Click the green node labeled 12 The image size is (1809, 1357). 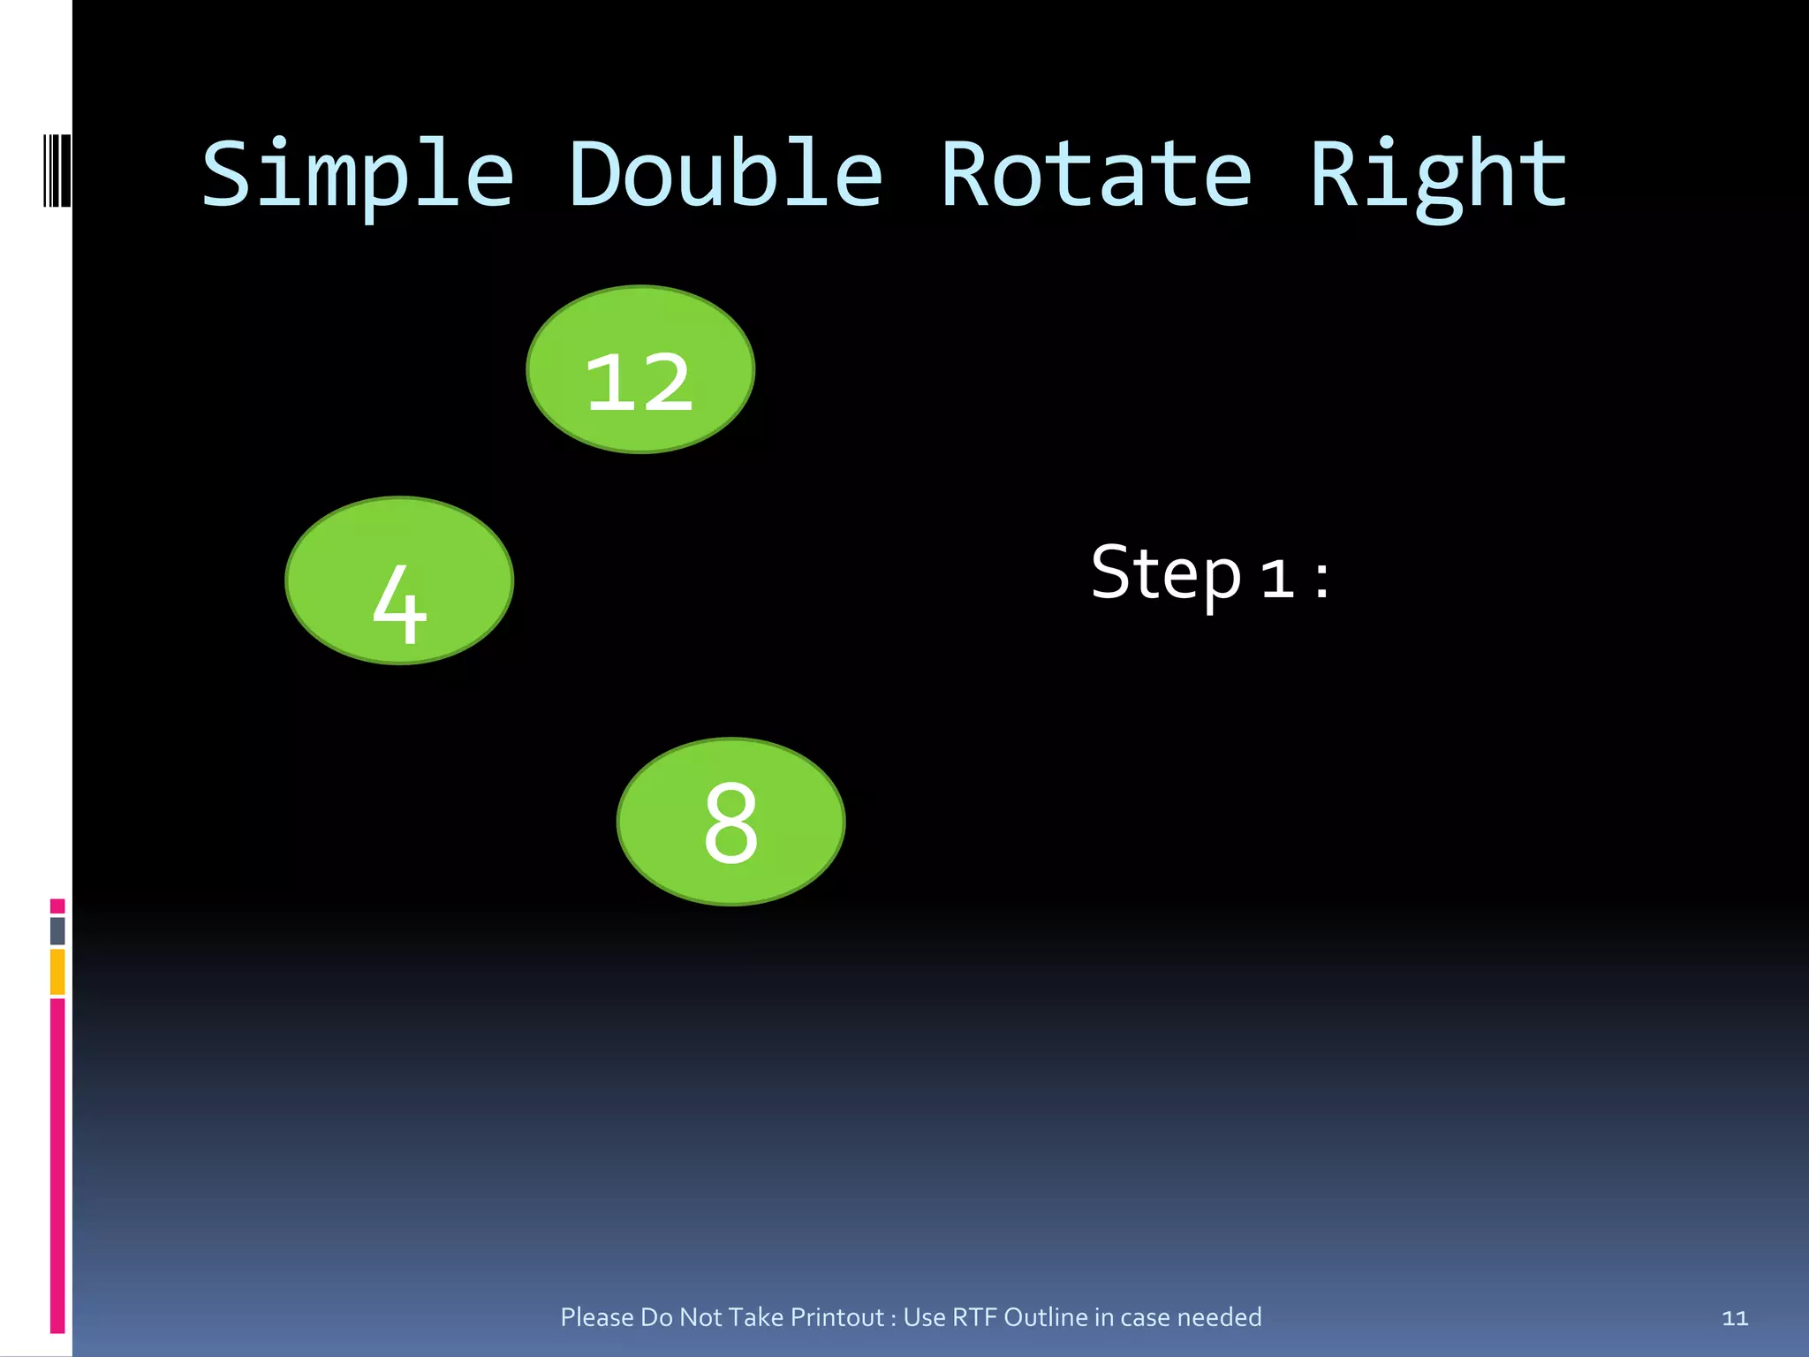640,369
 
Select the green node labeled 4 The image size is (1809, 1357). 399,580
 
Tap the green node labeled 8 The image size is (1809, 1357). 730,822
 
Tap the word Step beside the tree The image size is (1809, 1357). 1166,574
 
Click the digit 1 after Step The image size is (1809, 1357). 1277,580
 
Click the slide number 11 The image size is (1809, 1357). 1735,1318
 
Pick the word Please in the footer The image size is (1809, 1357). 597,1317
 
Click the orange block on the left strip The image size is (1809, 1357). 57,972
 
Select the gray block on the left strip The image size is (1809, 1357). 57,930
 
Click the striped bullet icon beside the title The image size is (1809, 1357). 57,170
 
